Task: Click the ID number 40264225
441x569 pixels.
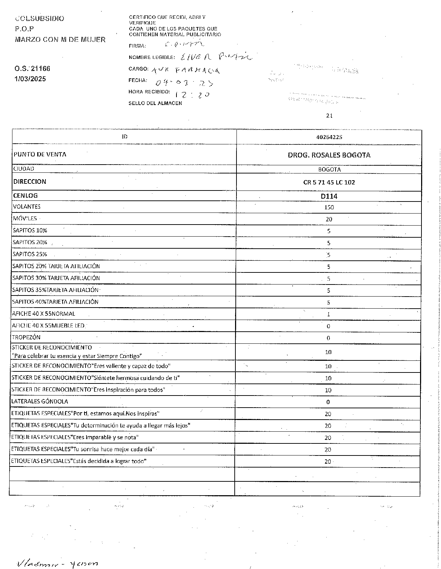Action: pyautogui.click(x=329, y=137)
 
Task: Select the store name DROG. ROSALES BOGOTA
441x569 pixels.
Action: pyautogui.click(x=329, y=155)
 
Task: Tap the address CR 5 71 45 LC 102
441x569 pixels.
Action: pyautogui.click(x=329, y=182)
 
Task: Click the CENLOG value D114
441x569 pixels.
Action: pyautogui.click(x=329, y=196)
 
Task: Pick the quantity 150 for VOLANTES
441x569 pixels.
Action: pyautogui.click(x=329, y=207)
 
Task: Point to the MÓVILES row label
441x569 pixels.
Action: pyautogui.click(x=25, y=219)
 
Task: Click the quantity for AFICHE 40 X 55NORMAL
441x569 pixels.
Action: pyautogui.click(x=329, y=314)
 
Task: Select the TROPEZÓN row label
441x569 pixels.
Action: pyautogui.click(x=26, y=337)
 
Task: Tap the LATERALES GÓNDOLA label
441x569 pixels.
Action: pyautogui.click(x=39, y=402)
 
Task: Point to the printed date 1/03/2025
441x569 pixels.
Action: pyautogui.click(x=31, y=79)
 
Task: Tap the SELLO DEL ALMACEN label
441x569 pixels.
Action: pyautogui.click(x=155, y=103)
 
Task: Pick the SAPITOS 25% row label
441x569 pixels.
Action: pyautogui.click(x=30, y=254)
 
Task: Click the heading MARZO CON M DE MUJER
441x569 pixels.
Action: pyautogui.click(x=60, y=40)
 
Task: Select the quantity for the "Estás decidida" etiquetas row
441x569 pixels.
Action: pyautogui.click(x=328, y=462)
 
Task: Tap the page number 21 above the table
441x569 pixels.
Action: pyautogui.click(x=329, y=116)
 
